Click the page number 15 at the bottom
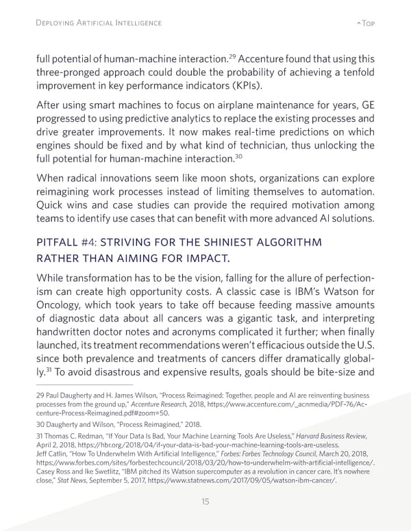point(205,502)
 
